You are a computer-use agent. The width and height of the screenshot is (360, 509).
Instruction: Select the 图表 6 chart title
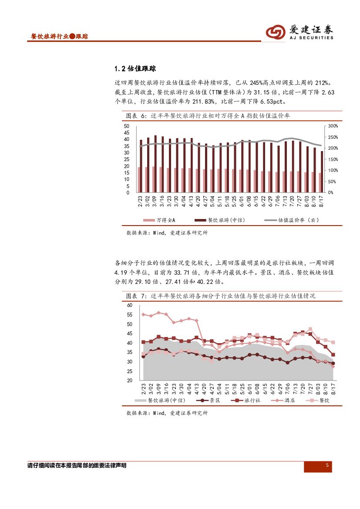coord(208,116)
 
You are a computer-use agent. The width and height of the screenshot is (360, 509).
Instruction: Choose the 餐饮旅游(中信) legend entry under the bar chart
coord(219,220)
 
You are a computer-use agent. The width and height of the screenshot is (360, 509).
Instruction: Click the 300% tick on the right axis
coord(333,126)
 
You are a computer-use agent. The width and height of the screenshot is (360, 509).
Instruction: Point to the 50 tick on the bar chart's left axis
coord(127,126)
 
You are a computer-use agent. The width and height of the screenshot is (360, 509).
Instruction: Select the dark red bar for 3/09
coord(155,164)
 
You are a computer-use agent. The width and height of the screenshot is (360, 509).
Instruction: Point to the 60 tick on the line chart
coord(130,305)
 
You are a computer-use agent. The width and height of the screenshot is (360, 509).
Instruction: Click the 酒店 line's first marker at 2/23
coord(143,314)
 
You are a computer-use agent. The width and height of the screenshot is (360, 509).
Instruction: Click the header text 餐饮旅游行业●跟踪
coord(57,37)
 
